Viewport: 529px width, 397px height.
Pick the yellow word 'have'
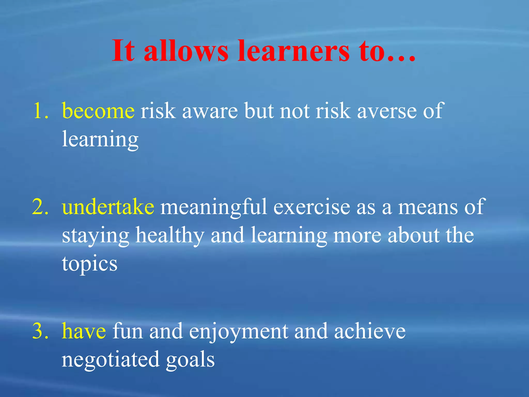click(x=84, y=331)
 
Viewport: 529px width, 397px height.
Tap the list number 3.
click(x=40, y=331)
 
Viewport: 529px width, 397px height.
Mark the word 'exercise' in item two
click(x=312, y=207)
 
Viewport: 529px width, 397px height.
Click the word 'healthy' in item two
click(x=170, y=236)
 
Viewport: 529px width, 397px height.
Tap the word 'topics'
click(x=90, y=264)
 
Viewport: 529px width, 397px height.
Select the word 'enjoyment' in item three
click(x=238, y=332)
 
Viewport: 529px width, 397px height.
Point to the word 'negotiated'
click(x=111, y=360)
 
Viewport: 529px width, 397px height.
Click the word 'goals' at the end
click(x=190, y=360)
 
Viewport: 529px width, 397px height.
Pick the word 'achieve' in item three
click(x=370, y=331)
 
